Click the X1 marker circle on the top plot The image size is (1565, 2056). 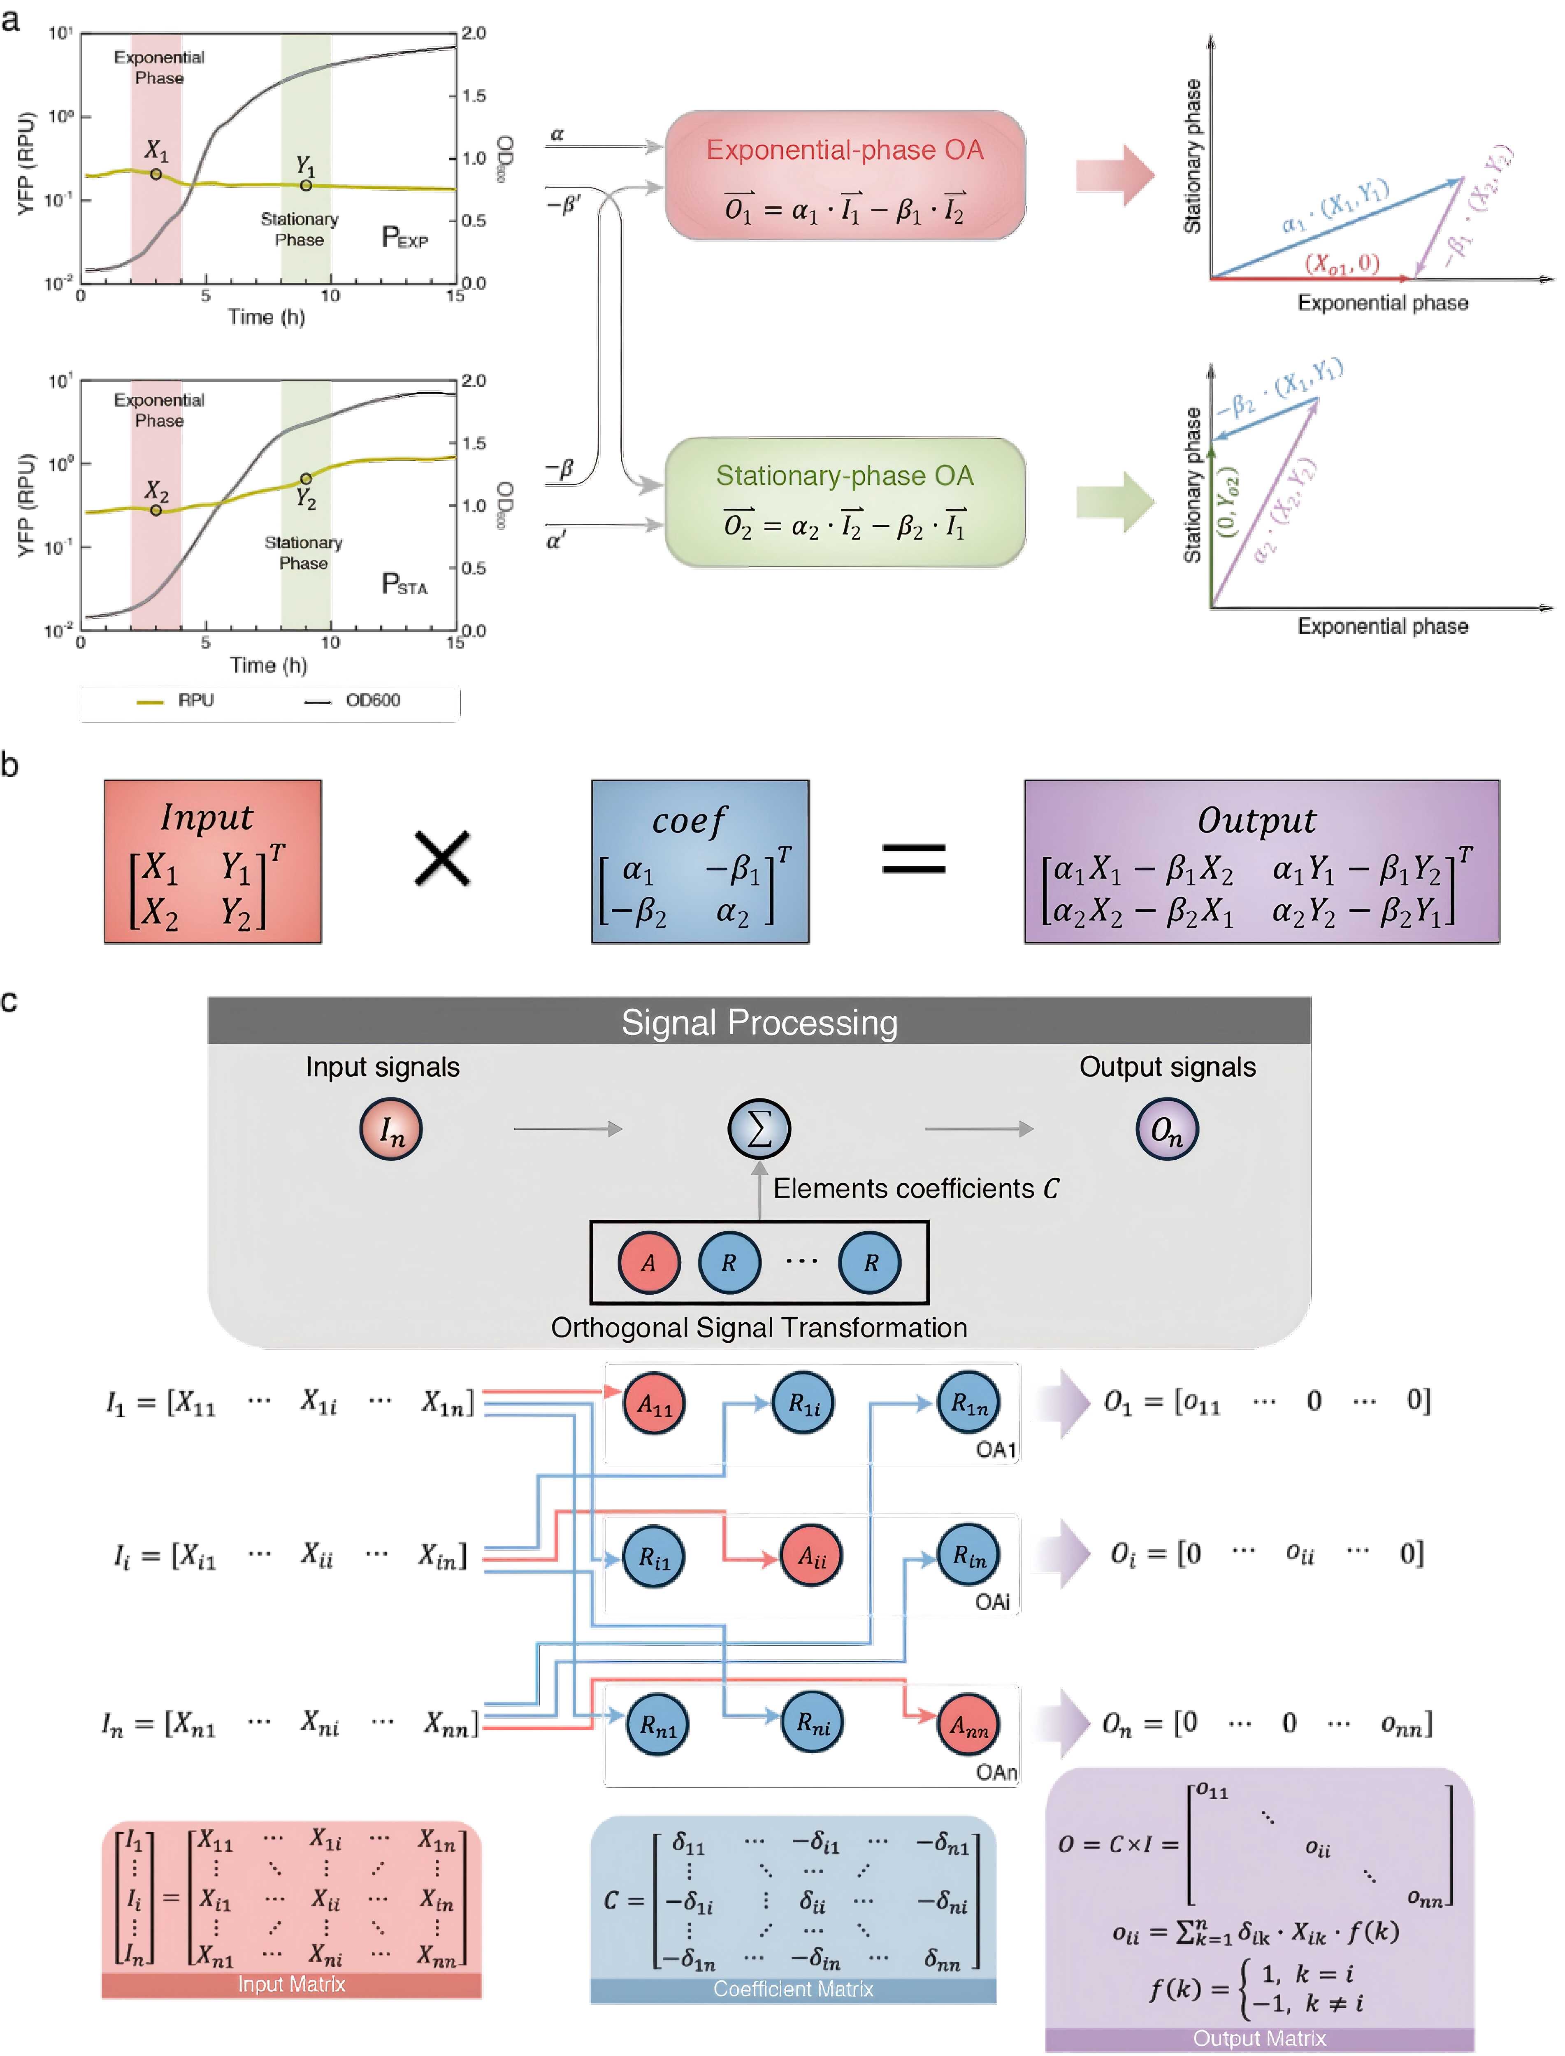156,174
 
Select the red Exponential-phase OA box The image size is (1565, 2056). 845,176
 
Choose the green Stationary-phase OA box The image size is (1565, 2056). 845,502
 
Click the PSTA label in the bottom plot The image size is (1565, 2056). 404,584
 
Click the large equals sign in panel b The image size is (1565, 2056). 914,859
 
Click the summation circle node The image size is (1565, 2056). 759,1129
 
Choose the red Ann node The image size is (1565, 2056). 968,1725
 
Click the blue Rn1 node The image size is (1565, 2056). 658,1725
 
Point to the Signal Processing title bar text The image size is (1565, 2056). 759,1022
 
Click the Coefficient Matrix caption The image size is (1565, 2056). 793,1989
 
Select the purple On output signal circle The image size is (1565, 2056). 1166,1130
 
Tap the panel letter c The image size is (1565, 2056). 10,1001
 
